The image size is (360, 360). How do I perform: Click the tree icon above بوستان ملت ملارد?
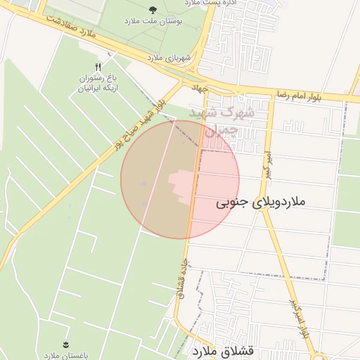tap(153, 10)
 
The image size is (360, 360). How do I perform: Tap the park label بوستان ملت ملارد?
tap(153, 22)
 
